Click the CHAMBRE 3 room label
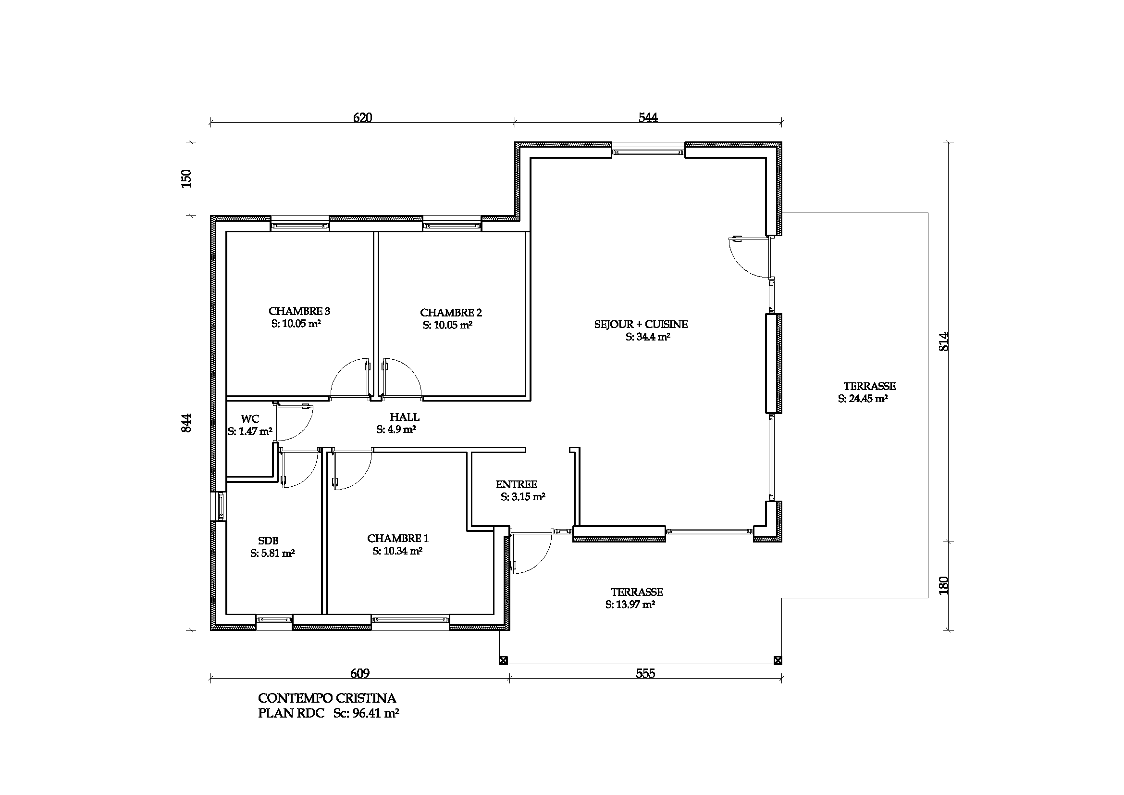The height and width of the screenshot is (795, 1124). pyautogui.click(x=299, y=311)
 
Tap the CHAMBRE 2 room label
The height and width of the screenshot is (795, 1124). pyautogui.click(x=451, y=313)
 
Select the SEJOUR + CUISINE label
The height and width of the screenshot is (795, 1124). pyautogui.click(x=641, y=324)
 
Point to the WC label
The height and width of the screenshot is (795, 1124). pyautogui.click(x=250, y=419)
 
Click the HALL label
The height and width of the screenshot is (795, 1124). pyautogui.click(x=404, y=417)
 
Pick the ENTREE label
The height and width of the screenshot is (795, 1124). pyautogui.click(x=517, y=484)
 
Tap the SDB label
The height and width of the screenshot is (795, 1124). pyautogui.click(x=268, y=541)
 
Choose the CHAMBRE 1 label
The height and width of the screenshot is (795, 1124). pyautogui.click(x=398, y=538)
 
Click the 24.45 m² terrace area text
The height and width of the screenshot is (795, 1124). pyautogui.click(x=863, y=399)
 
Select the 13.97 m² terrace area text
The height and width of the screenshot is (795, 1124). pyautogui.click(x=630, y=605)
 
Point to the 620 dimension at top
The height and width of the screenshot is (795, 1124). pyautogui.click(x=362, y=117)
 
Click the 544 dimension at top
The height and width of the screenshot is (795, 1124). pyautogui.click(x=648, y=117)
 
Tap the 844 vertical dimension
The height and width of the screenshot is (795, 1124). pyautogui.click(x=186, y=423)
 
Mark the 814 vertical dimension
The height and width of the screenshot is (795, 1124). pyautogui.click(x=944, y=341)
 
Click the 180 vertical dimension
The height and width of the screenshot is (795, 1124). pyautogui.click(x=944, y=586)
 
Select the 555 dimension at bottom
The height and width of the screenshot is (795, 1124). pyautogui.click(x=645, y=673)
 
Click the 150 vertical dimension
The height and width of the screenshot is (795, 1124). pyautogui.click(x=186, y=179)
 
